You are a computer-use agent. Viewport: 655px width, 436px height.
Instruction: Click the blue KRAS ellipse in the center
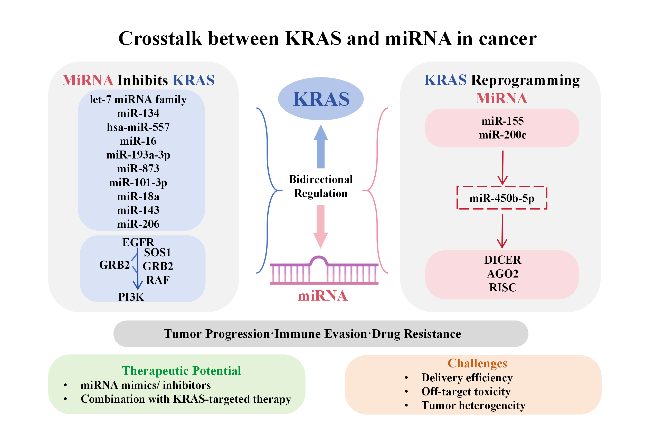tap(320, 99)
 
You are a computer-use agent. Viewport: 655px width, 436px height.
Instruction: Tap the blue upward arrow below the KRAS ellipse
tap(321, 146)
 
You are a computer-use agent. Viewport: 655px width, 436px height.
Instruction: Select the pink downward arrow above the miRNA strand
tap(320, 226)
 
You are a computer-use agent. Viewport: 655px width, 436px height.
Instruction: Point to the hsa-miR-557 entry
tap(138, 127)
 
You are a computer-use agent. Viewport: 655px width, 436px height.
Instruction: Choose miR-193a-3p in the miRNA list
tap(138, 155)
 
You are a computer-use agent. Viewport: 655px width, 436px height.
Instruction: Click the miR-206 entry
tap(138, 224)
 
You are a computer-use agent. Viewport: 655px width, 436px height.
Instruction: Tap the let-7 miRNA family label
tap(138, 99)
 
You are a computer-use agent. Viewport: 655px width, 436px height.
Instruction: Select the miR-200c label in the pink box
tap(502, 135)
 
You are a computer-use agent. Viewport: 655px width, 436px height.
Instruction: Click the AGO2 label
tap(502, 274)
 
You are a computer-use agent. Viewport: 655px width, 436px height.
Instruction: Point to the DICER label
tap(502, 260)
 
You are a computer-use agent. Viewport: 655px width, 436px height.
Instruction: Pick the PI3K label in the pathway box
tap(131, 297)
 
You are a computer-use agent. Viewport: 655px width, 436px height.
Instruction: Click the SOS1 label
tap(157, 252)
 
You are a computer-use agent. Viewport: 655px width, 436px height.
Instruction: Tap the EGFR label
tap(138, 242)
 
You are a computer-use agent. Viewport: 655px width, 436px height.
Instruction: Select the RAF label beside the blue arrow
tap(158, 280)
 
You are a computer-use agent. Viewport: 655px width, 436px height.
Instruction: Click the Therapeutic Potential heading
tap(182, 371)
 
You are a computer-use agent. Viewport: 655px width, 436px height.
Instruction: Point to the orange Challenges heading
tap(477, 363)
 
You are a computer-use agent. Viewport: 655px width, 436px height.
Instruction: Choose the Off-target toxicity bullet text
tap(466, 392)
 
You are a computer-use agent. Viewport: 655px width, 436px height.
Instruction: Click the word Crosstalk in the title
tap(160, 38)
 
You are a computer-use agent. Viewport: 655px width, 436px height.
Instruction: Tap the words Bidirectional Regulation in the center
tap(321, 186)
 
